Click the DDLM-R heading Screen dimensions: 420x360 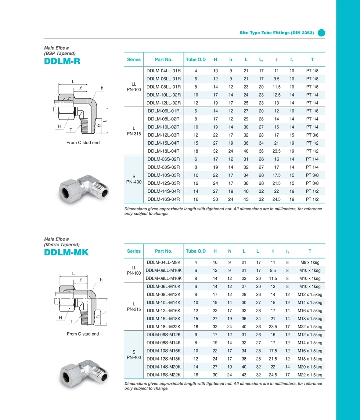[x=62, y=61]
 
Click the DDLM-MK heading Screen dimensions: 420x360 [x=66, y=253]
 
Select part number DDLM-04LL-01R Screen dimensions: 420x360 [x=163, y=70]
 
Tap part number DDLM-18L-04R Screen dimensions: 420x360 [x=163, y=151]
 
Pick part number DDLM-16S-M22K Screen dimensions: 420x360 [x=163, y=375]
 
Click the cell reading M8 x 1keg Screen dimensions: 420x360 [x=310, y=262]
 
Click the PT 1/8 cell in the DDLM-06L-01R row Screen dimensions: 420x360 [x=312, y=111]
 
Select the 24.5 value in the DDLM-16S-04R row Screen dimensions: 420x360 [x=276, y=199]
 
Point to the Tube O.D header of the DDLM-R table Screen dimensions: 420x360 [x=196, y=59]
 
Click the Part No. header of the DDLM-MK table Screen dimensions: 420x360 [x=163, y=251]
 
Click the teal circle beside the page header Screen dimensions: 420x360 [x=321, y=33]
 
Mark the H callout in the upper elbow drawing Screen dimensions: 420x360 [x=59, y=126]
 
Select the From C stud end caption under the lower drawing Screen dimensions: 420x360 [x=83, y=334]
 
